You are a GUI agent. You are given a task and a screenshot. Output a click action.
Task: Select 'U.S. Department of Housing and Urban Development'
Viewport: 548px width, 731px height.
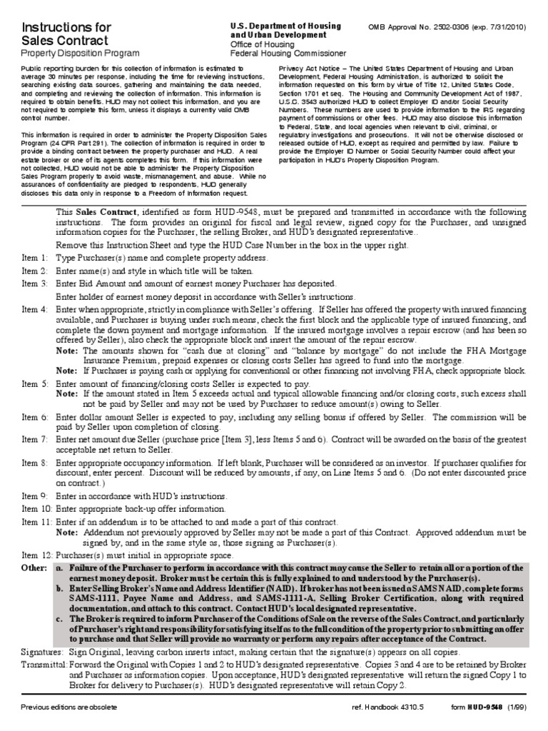tap(285, 30)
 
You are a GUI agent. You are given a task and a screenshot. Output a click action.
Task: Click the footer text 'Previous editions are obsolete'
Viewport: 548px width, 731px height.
tap(68, 707)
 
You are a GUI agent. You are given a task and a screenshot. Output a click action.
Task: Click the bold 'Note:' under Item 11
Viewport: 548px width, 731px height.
tap(68, 532)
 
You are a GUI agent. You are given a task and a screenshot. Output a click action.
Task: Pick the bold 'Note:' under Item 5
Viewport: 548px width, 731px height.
tap(68, 393)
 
